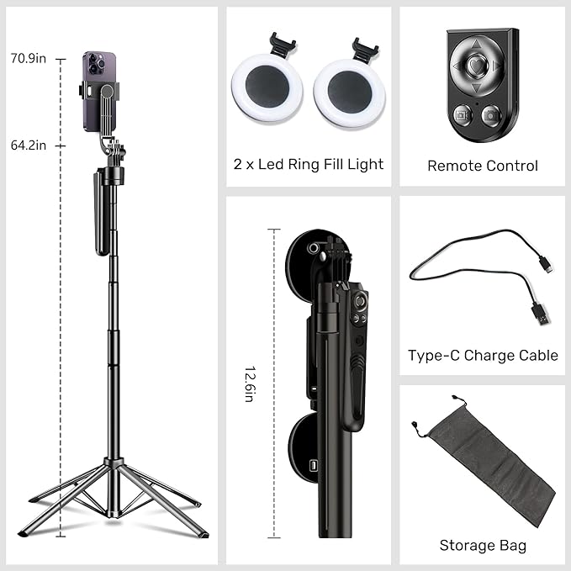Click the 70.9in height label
point(28,58)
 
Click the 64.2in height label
point(28,145)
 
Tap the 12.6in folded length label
point(250,383)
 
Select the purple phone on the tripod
point(95,92)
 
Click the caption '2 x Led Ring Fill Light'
point(308,164)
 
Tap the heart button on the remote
point(476,64)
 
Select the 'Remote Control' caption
point(482,166)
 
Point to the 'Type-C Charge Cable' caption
point(483,356)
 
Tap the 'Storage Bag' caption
point(483,546)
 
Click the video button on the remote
point(462,113)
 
